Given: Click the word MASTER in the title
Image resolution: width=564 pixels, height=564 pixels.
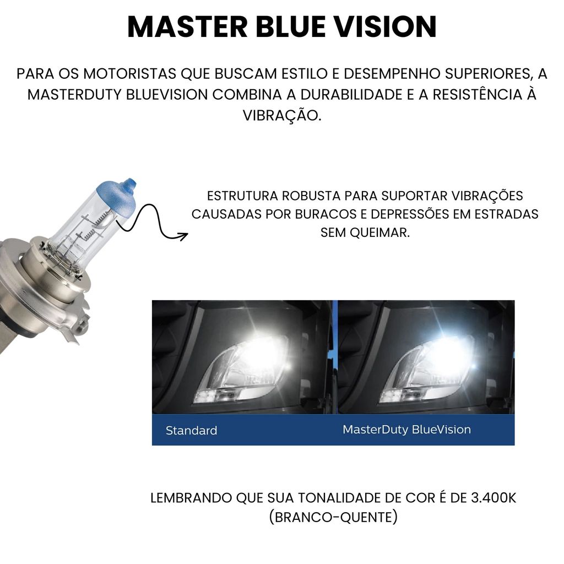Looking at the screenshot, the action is [x=187, y=27].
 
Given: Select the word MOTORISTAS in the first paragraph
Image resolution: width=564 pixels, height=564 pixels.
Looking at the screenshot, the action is [x=130, y=74].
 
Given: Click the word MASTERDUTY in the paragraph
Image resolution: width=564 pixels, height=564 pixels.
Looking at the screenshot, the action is [x=75, y=95].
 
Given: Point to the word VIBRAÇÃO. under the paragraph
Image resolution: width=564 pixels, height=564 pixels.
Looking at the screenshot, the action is [x=282, y=116].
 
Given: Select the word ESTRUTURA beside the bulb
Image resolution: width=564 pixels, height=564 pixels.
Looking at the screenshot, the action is [x=242, y=196].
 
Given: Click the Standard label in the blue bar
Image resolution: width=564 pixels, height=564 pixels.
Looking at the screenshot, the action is [x=191, y=431].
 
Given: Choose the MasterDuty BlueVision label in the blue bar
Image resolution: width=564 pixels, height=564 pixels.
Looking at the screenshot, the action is [x=407, y=430].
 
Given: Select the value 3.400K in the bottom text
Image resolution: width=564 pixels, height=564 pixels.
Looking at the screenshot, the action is [x=493, y=498].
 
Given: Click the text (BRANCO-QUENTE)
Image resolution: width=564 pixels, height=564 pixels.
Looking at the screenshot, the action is [x=333, y=517].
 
